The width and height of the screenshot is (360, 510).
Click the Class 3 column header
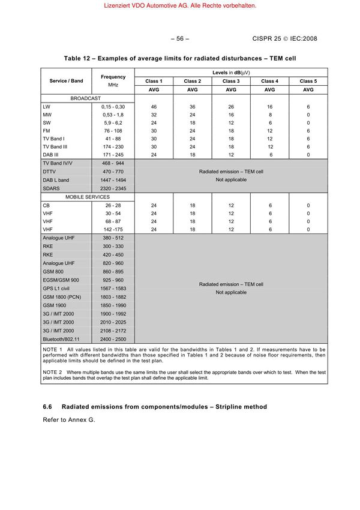pyautogui.click(x=230, y=80)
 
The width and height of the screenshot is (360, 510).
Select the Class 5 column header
pyautogui.click(x=308, y=80)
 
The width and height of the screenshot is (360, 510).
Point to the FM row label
pyautogui.click(x=47, y=130)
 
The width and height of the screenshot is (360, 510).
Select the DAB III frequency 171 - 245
pyautogui.click(x=113, y=154)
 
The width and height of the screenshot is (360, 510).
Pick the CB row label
pyautogui.click(x=47, y=205)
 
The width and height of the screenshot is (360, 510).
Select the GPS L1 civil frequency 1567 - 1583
pyautogui.click(x=113, y=289)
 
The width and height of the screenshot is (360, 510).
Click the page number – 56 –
pyautogui.click(x=179, y=39)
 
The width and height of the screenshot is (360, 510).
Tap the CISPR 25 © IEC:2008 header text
pyautogui.click(x=284, y=39)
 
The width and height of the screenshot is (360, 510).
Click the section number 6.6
pyautogui.click(x=48, y=407)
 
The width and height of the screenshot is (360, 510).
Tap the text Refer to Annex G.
pyautogui.click(x=68, y=419)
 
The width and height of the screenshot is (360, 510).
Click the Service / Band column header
pyautogui.click(x=66, y=80)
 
